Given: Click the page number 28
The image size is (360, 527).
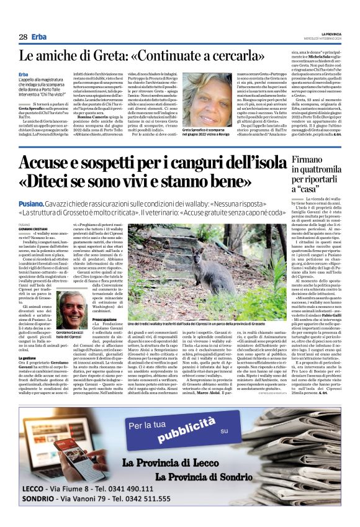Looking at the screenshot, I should click(23, 37).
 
